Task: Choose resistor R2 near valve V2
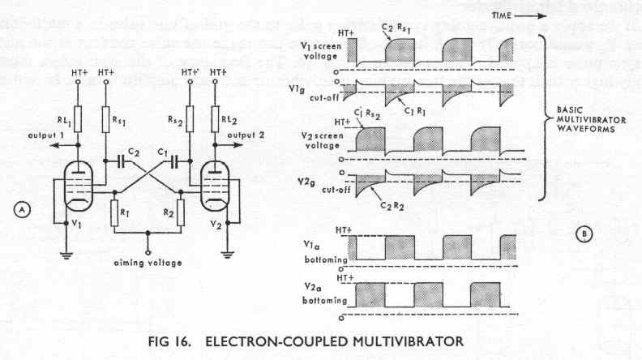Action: [x=179, y=212]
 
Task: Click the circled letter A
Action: [x=24, y=209]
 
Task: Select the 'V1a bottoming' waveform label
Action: [x=323, y=248]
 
